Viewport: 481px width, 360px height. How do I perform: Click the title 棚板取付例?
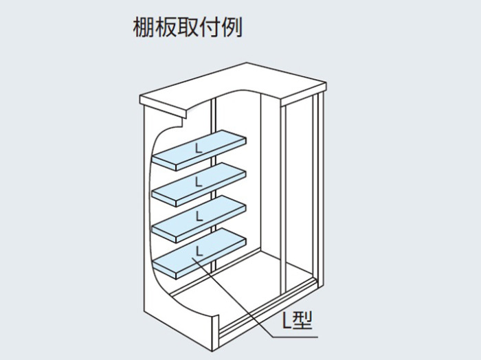188,27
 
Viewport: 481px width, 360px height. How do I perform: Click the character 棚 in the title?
144,27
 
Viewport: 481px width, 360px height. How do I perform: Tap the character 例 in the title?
232,27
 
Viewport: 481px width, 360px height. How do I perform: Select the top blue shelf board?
199,150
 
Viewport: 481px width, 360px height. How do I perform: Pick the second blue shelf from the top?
199,185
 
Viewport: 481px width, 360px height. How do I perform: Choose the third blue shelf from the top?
199,219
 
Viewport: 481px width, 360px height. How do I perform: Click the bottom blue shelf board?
199,254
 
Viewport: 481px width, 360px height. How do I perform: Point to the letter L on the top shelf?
199,148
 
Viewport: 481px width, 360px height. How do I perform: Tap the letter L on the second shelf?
199,182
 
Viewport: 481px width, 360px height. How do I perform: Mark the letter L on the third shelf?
199,216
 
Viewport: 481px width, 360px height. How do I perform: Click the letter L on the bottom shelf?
199,251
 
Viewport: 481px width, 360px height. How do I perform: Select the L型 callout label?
297,320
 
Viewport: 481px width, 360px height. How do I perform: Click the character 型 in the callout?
302,320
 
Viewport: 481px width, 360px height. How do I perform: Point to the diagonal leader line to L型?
232,297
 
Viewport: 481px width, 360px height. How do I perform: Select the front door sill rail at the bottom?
267,306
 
